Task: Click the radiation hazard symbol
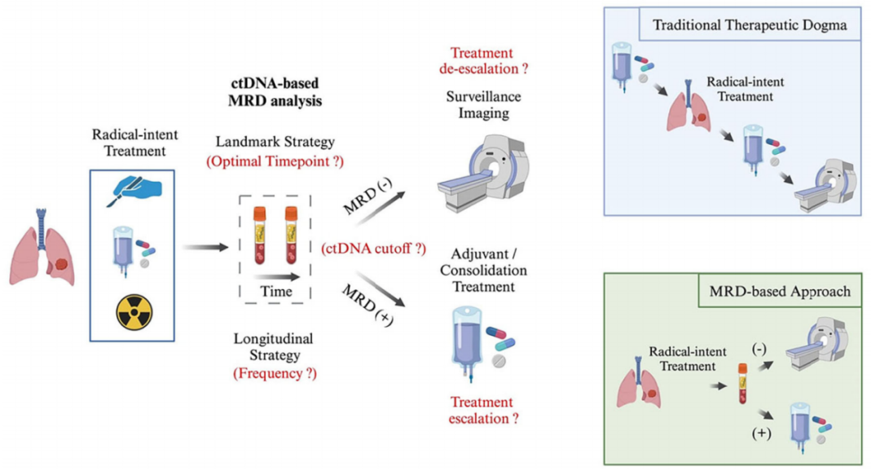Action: pyautogui.click(x=134, y=312)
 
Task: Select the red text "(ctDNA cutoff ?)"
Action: pyautogui.click(x=373, y=249)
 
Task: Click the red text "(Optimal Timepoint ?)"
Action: pyautogui.click(x=275, y=161)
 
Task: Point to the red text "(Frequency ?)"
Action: pyautogui.click(x=275, y=373)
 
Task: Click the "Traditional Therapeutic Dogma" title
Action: pyautogui.click(x=750, y=25)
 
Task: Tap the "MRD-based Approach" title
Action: pyautogui.click(x=780, y=292)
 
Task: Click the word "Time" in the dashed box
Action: pyautogui.click(x=276, y=292)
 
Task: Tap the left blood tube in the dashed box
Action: pyautogui.click(x=260, y=235)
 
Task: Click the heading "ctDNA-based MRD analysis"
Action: pyautogui.click(x=275, y=91)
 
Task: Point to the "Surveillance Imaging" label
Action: pyautogui.click(x=483, y=104)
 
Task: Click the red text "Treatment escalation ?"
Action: pyautogui.click(x=483, y=411)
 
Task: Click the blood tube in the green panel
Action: pyautogui.click(x=742, y=384)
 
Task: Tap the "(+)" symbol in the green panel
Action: pyautogui.click(x=761, y=434)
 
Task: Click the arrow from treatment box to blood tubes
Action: pyautogui.click(x=206, y=247)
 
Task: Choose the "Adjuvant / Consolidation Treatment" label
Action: pyautogui.click(x=483, y=270)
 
